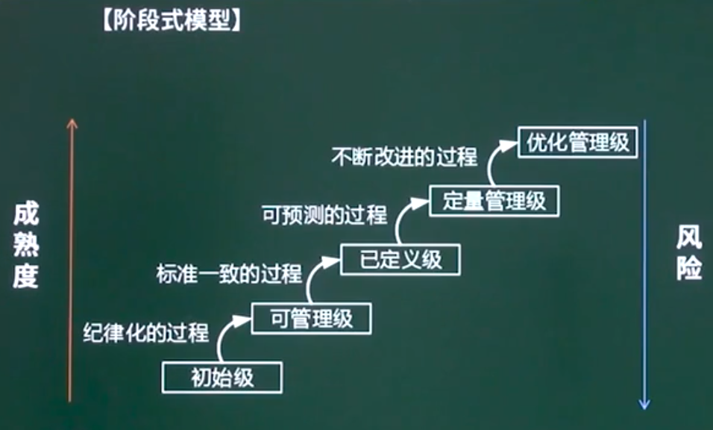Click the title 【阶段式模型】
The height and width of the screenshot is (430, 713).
[x=171, y=22]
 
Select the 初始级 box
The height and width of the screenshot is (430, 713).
[x=222, y=377]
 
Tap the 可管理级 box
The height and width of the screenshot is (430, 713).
[x=311, y=319]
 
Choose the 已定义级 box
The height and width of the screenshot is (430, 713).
[x=401, y=260]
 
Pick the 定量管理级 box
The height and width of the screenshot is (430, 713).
[x=494, y=201]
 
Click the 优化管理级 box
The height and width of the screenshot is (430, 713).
[x=578, y=143]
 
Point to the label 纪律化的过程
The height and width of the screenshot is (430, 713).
[x=146, y=333]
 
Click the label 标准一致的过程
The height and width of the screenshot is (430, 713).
[x=229, y=274]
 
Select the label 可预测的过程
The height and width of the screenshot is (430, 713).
[x=324, y=216]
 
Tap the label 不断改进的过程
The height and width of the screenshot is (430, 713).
[x=404, y=158]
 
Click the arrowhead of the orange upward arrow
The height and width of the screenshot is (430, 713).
[x=72, y=124]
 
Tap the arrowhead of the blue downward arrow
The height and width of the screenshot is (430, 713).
[x=644, y=404]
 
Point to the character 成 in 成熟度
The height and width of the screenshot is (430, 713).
[x=25, y=217]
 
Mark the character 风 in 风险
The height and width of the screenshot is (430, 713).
[x=688, y=239]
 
